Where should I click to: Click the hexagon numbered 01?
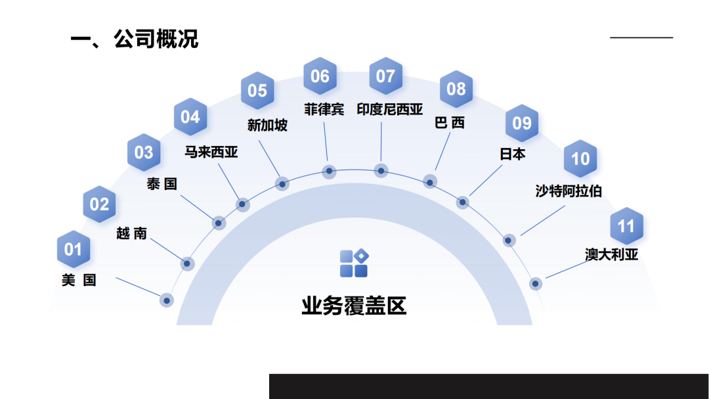[73, 249]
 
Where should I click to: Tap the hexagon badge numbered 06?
[320, 76]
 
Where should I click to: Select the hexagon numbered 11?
[626, 226]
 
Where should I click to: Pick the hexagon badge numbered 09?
[522, 123]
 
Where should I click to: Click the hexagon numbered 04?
[190, 117]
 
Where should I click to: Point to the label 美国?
[79, 280]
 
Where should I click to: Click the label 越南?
[131, 233]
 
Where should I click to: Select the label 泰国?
[161, 184]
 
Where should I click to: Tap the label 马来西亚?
[211, 153]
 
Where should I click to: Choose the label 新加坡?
[267, 125]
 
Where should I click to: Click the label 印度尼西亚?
[389, 109]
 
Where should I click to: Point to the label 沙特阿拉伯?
[569, 191]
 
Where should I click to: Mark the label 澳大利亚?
[612, 254]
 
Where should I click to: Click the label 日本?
[513, 154]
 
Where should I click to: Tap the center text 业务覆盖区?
[354, 306]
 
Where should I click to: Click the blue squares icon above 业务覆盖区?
[354, 263]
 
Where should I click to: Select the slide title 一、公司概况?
[134, 39]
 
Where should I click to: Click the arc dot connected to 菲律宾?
[330, 172]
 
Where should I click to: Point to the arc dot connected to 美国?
[167, 300]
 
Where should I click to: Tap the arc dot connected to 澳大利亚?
[535, 284]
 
